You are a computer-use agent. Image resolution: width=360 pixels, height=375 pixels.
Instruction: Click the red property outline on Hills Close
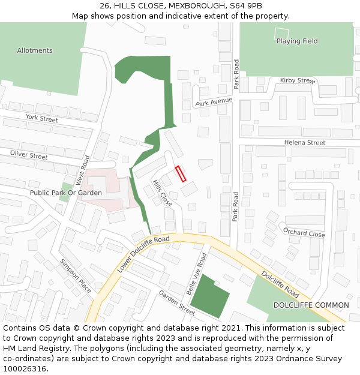181,173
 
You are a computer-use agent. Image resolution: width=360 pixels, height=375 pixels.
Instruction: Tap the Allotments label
35,50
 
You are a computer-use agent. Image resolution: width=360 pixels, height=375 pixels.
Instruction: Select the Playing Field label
297,41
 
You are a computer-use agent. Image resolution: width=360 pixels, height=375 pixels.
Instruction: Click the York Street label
41,119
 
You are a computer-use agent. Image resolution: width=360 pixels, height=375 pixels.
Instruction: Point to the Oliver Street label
29,155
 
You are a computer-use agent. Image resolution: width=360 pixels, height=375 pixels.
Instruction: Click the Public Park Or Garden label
66,193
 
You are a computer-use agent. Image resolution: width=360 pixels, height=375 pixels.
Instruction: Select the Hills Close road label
162,193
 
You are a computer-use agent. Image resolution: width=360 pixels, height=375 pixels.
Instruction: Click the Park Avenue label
214,102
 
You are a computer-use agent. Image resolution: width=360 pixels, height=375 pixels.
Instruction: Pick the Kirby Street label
298,80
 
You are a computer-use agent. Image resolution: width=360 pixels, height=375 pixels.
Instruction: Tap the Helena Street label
305,143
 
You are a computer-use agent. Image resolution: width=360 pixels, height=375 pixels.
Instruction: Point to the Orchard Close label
304,233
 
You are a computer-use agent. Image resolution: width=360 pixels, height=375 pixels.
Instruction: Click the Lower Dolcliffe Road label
144,254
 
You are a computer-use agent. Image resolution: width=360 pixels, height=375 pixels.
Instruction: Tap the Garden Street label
176,302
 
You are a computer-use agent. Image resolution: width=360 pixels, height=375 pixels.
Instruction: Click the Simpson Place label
76,275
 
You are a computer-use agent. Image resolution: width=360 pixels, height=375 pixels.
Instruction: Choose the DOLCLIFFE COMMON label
311,305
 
